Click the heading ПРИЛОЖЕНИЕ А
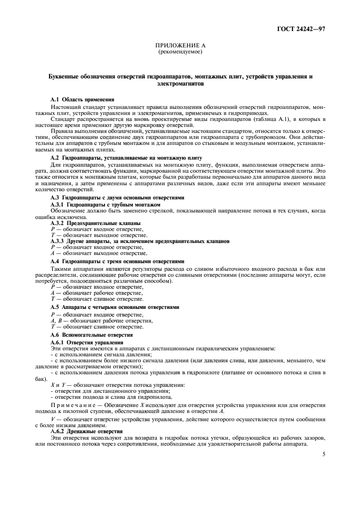click(180, 46)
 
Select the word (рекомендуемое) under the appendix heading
click(180, 52)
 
